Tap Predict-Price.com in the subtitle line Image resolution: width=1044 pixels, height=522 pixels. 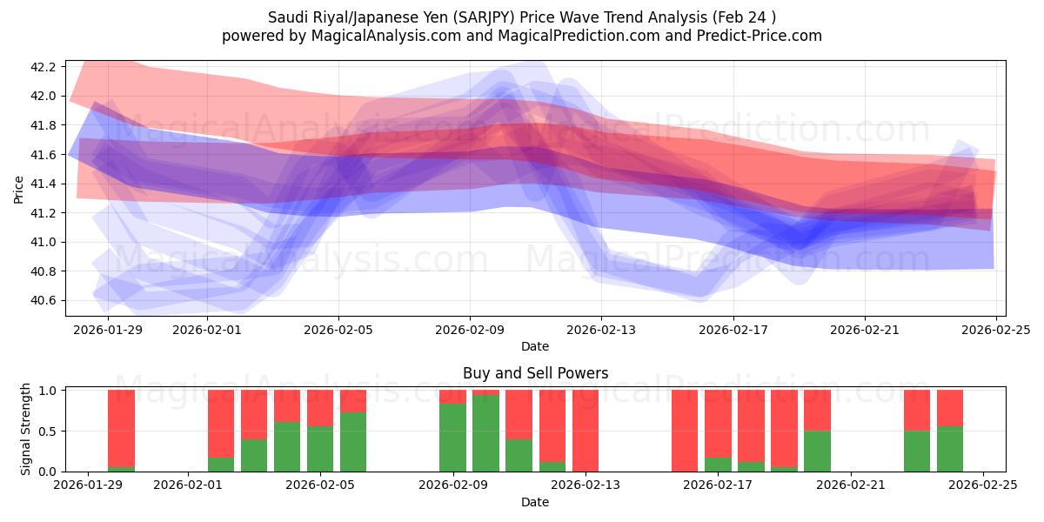[760, 36]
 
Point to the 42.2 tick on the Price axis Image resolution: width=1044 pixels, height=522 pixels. [43, 67]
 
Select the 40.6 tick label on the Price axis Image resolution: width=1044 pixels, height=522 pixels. [43, 300]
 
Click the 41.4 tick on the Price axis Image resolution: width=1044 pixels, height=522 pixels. [43, 184]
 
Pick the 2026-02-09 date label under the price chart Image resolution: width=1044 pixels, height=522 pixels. [470, 330]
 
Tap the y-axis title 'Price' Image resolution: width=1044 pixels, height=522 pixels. [19, 188]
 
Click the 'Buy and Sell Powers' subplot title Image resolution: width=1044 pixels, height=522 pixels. [534, 373]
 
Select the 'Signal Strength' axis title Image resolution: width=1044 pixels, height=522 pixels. [26, 429]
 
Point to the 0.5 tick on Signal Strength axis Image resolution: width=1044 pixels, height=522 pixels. [49, 432]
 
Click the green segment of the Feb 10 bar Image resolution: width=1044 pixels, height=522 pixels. [485, 433]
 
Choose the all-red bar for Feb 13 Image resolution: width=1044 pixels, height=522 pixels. [586, 431]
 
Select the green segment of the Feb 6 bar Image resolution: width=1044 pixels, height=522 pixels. [353, 442]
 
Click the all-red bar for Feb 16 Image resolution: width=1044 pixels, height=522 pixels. [685, 431]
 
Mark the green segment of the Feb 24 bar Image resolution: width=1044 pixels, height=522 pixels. [950, 449]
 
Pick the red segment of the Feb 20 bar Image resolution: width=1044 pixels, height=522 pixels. [817, 411]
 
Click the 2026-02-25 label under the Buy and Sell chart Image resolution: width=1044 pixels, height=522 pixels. [983, 485]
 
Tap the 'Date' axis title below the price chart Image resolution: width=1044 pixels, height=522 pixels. [534, 346]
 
